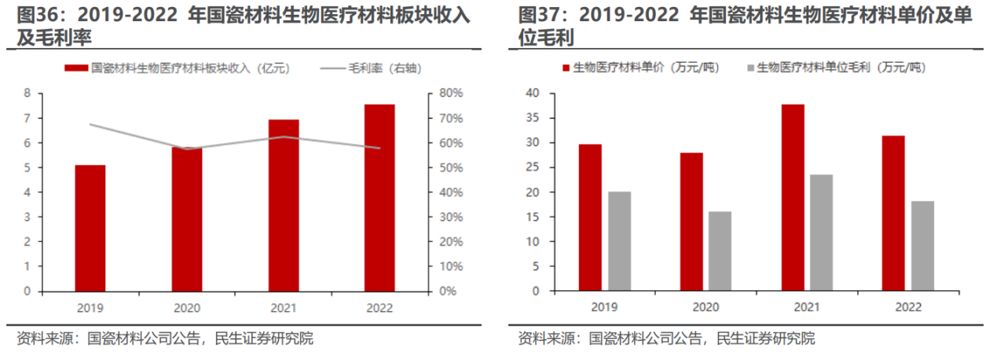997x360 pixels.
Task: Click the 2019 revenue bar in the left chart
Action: click(90, 228)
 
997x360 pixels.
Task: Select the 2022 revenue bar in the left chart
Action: click(379, 197)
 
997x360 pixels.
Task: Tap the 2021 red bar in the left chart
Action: click(283, 205)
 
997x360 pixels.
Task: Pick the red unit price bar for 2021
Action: click(793, 197)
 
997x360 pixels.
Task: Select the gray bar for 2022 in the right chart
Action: click(922, 246)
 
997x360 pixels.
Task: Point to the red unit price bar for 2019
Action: click(589, 217)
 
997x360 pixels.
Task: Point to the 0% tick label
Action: click(447, 291)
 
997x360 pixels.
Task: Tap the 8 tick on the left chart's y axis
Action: click(27, 94)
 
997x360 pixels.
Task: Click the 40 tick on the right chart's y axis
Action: click(532, 94)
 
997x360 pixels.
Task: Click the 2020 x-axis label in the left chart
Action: click(186, 307)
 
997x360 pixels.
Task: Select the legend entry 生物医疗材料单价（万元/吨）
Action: click(640, 68)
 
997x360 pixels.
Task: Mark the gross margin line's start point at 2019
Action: click(90, 124)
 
